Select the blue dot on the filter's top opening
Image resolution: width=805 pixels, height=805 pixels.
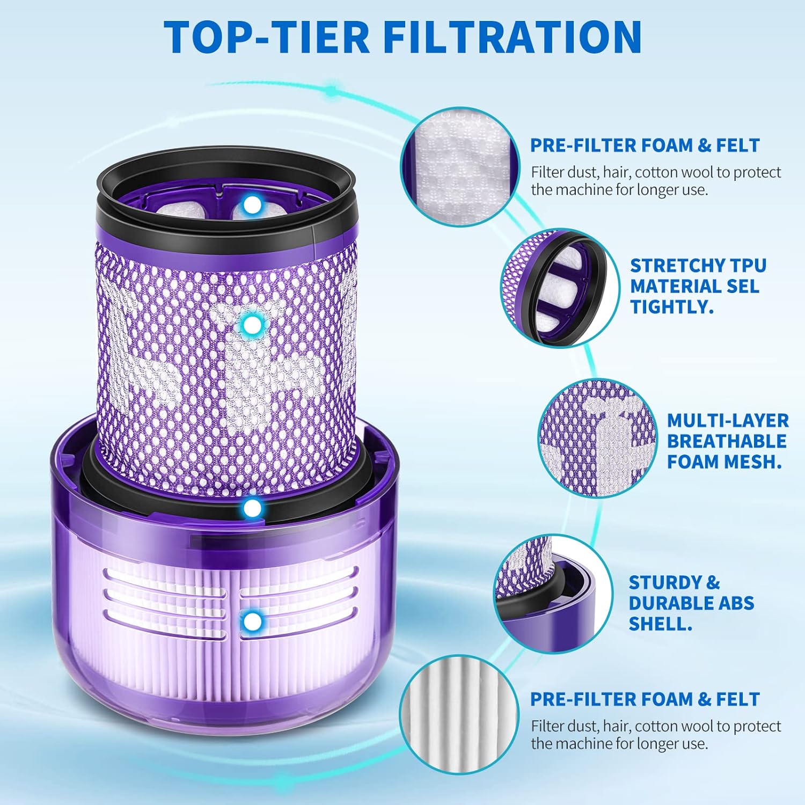tap(251, 204)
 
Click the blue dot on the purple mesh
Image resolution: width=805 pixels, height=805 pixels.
tap(251, 324)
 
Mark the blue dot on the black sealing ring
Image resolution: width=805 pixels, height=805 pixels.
tap(251, 508)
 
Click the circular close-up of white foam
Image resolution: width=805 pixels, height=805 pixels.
tap(460, 166)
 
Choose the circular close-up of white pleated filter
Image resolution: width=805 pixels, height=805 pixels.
tap(460, 714)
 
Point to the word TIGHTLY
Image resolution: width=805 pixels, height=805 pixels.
tap(671, 306)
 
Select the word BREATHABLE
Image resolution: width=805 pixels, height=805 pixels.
tap(727, 441)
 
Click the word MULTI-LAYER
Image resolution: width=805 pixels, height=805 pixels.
tap(728, 420)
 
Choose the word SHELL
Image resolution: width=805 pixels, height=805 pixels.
tap(660, 624)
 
